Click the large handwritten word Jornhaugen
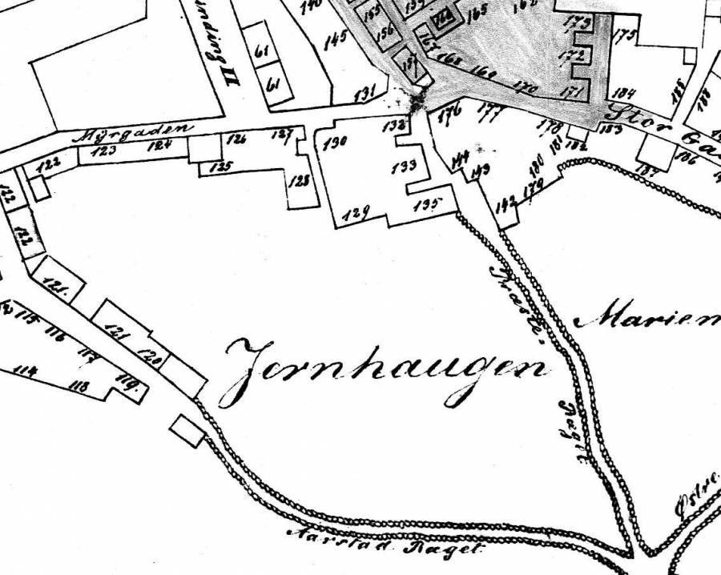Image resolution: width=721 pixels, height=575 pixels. tap(385, 369)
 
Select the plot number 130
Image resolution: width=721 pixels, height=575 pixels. tap(334, 144)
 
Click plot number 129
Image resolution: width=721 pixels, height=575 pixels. tap(356, 212)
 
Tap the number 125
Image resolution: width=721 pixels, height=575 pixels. tap(220, 167)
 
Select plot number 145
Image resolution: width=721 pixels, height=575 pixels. tap(335, 41)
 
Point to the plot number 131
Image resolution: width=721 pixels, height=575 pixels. tap(365, 94)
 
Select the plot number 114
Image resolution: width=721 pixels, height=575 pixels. tap(26, 371)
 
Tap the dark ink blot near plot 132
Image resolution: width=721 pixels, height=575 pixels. tap(417, 103)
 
